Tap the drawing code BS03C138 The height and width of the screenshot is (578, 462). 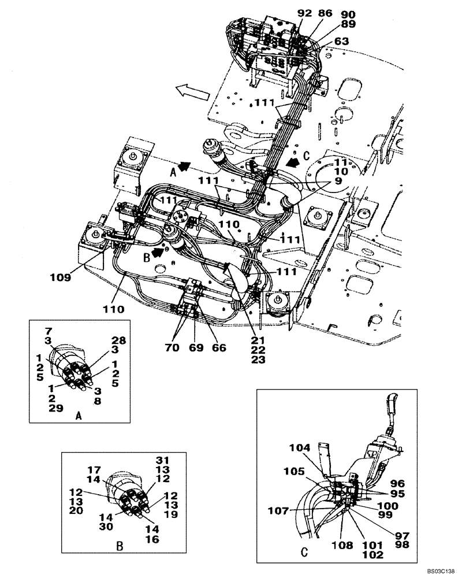[x=441, y=570]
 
